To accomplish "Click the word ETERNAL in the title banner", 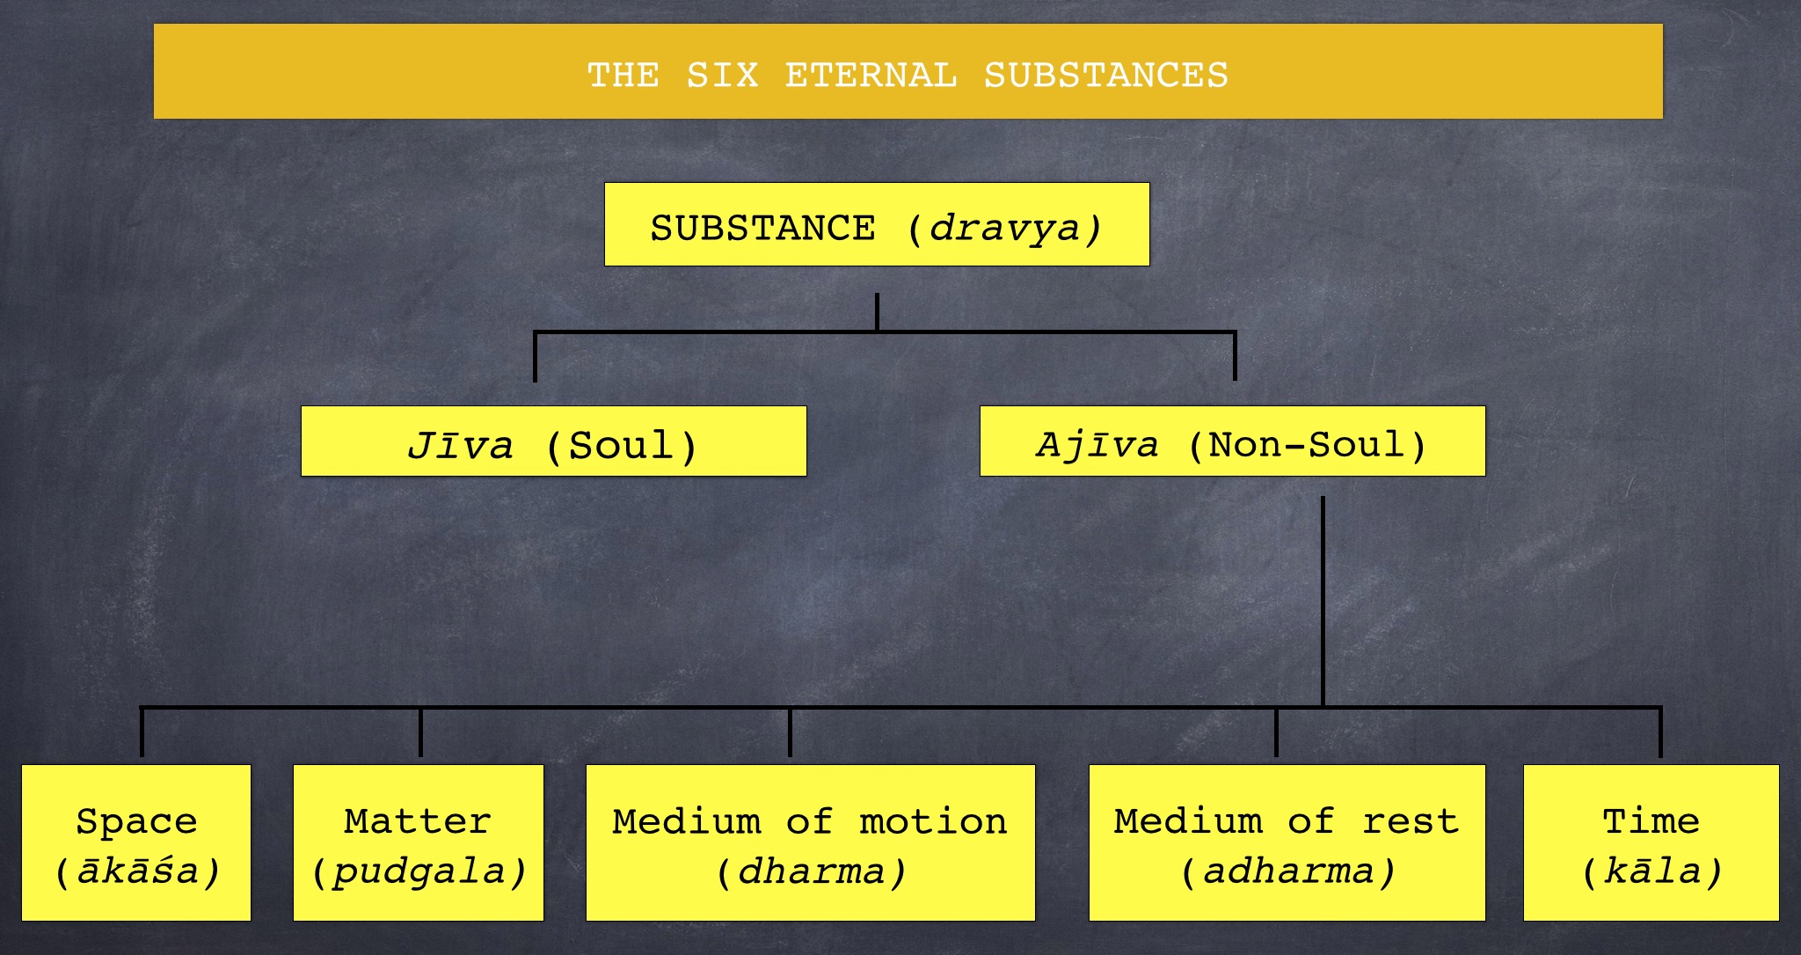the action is coord(871,76).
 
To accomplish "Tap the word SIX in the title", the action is coord(722,76).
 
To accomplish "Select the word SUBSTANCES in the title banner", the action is coord(1105,76).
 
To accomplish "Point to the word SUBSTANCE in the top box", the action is coord(762,228).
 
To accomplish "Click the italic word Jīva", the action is coord(460,445).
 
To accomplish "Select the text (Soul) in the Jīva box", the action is coord(621,446).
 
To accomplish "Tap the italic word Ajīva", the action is coord(1097,444).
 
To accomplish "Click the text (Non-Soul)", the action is coord(1307,445).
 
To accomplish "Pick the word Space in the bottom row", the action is coord(136,821).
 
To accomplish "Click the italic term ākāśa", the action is coord(136,871).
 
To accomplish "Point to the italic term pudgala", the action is coord(419,872).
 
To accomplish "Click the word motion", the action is coord(933,821).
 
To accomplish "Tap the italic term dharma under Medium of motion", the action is coord(810,871).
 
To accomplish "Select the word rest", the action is coord(1411,821).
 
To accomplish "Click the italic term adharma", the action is coord(1288,871).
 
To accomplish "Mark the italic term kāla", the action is coord(1652,871).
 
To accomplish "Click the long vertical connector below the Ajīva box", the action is coord(1323,601).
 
